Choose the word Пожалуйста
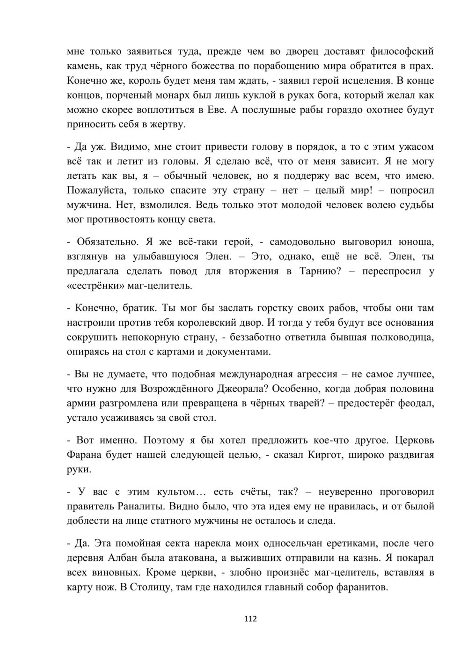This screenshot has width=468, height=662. [96, 191]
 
